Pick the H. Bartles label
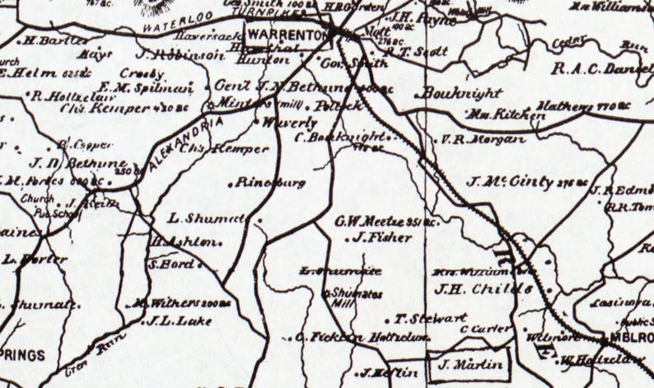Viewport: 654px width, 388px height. (x=49, y=39)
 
